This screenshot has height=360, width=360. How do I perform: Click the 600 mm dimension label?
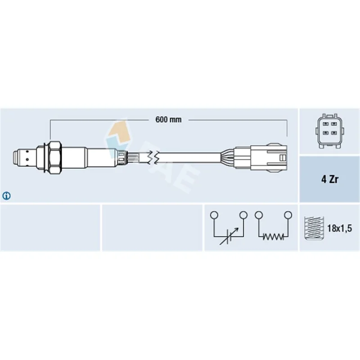[168, 120]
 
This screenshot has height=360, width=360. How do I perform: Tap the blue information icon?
[6, 196]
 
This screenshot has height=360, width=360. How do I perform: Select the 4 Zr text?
[330, 179]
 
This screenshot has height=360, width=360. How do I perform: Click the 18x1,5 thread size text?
[340, 228]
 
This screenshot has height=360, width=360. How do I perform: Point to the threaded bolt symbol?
[314, 228]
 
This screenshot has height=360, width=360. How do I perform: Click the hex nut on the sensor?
[55, 158]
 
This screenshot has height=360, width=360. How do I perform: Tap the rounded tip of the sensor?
[15, 157]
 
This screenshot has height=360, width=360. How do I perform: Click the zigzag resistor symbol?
[273, 237]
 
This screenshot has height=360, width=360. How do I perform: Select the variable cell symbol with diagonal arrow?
[229, 237]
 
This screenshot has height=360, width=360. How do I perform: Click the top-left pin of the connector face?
[325, 124]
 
